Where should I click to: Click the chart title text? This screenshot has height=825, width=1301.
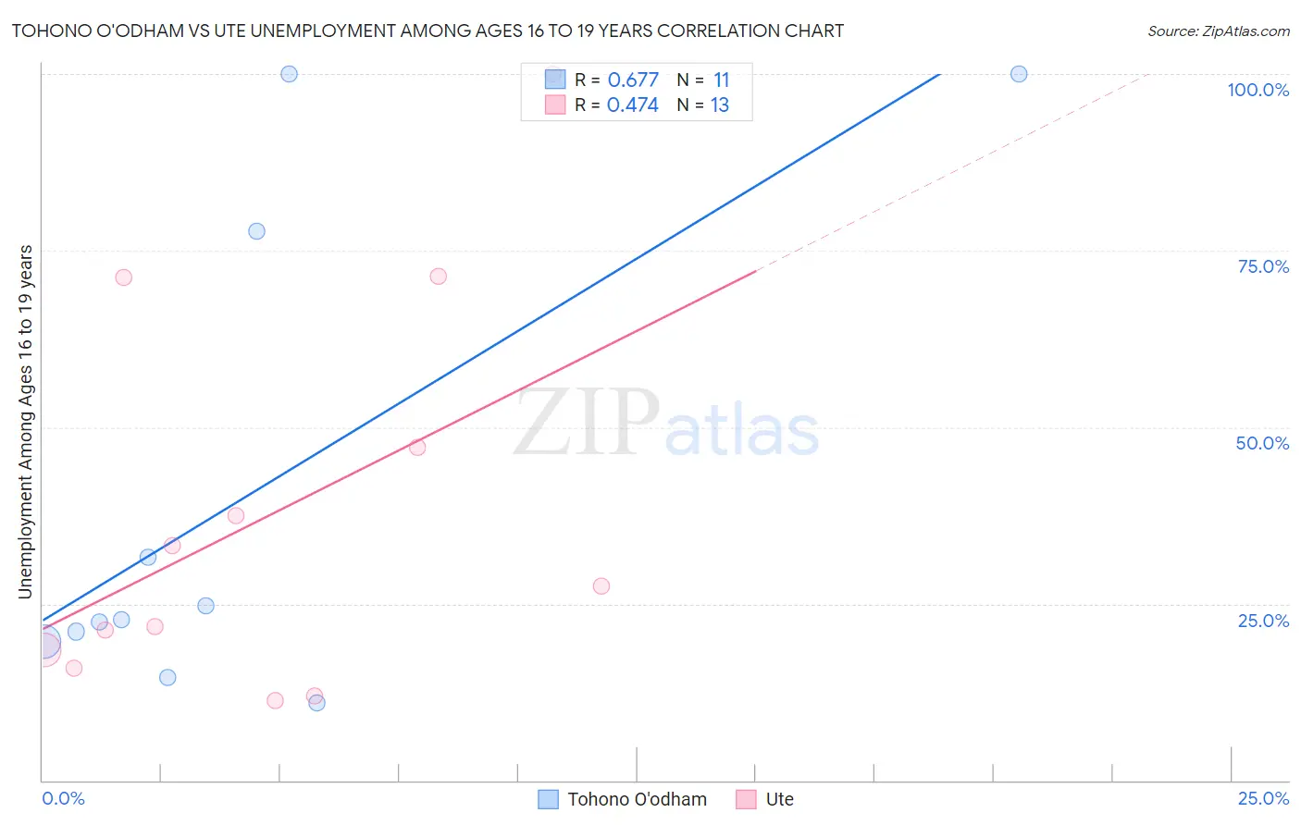[427, 31]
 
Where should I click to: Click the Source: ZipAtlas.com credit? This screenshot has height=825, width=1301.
[1218, 31]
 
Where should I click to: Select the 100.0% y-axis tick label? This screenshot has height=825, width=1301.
[1258, 90]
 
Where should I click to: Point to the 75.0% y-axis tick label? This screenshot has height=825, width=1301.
[1263, 266]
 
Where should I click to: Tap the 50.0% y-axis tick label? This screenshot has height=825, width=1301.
[1262, 443]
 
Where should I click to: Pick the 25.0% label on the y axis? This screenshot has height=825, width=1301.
[1263, 621]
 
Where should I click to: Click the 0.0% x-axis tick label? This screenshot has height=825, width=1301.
[63, 798]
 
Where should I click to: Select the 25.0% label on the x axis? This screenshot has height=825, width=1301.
[1263, 798]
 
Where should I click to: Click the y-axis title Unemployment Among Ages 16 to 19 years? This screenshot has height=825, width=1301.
[26, 422]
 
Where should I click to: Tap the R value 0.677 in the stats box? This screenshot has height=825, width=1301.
[633, 80]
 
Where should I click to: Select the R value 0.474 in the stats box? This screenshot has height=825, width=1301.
[633, 105]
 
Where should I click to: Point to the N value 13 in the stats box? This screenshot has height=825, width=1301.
[720, 105]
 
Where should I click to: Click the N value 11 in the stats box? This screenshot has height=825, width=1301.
[721, 80]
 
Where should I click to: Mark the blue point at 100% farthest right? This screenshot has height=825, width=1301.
[1019, 74]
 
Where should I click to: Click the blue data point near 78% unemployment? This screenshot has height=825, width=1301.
[256, 231]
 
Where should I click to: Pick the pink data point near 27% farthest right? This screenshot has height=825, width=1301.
[601, 586]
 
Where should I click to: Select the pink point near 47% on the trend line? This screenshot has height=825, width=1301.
[417, 448]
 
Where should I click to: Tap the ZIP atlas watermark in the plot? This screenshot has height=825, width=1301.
[666, 424]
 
